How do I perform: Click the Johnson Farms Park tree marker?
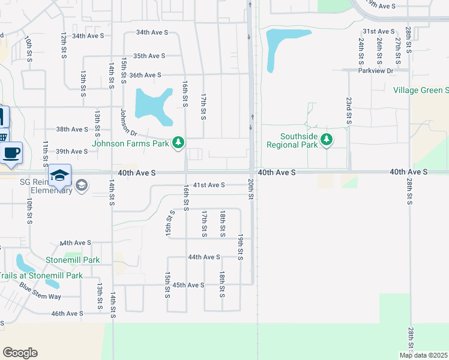tap(178, 143)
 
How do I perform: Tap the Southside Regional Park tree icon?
tap(326, 140)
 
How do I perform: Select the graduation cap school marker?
tap(60, 175)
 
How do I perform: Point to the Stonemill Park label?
tap(73, 260)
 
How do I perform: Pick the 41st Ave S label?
tap(209, 185)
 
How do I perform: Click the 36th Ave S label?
tap(145, 75)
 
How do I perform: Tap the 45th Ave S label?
tap(188, 285)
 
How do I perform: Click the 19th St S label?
tap(240, 247)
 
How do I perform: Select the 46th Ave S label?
tap(67, 313)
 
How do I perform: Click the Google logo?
tap(20, 353)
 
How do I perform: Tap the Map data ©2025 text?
tap(423, 355)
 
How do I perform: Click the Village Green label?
tap(421, 91)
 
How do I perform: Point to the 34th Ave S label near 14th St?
tap(88, 36)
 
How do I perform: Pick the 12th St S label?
tap(63, 46)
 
